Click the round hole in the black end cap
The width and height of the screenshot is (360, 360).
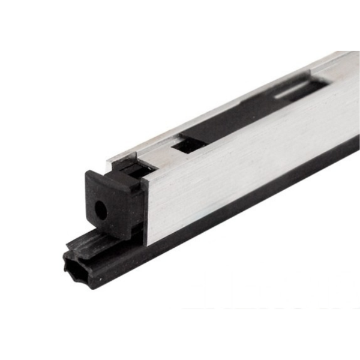(100, 211)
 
